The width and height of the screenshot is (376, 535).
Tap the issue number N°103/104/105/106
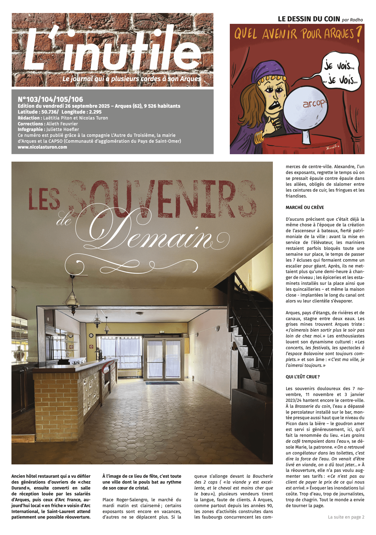click(x=50, y=99)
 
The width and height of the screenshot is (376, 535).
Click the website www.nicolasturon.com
click(x=42, y=147)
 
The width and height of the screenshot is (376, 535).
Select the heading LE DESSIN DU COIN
click(x=309, y=19)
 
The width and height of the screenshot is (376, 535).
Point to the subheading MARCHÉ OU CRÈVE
click(x=305, y=207)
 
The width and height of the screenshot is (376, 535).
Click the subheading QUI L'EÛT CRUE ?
click(x=303, y=377)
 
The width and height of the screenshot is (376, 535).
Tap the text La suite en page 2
click(x=346, y=517)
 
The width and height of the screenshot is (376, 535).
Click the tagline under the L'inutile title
click(x=131, y=79)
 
